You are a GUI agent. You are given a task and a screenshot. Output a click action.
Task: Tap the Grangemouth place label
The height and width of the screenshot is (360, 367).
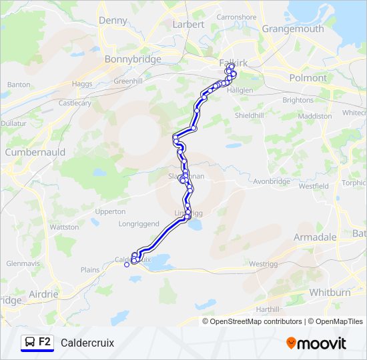[x=292, y=29]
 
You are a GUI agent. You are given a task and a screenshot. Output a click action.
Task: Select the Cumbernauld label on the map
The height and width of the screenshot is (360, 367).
[x=33, y=152]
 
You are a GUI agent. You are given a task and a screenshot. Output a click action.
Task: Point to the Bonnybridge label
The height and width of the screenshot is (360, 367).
[x=133, y=59]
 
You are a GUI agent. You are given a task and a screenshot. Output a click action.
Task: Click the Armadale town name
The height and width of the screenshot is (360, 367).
[x=315, y=237]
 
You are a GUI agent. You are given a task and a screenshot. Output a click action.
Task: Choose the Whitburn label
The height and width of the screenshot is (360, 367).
[x=330, y=293]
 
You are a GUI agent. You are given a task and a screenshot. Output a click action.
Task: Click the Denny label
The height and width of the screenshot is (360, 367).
[x=113, y=21]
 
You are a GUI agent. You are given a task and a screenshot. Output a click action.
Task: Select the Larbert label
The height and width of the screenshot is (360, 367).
[x=189, y=24]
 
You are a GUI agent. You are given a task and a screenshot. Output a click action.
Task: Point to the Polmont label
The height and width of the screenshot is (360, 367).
[x=308, y=78]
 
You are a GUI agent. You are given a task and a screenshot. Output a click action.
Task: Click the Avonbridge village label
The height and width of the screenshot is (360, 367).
[x=272, y=181]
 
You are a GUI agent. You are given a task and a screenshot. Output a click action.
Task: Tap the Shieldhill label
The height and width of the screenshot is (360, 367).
[x=250, y=115]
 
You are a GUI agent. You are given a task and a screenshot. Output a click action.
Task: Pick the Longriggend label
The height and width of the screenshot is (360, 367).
[x=139, y=224]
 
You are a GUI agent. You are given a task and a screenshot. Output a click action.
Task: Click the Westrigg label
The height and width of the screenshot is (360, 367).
[x=262, y=264]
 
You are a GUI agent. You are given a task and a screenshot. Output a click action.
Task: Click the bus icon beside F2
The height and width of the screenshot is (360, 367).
[x=30, y=343]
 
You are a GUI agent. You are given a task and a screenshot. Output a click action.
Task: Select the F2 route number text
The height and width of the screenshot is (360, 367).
[x=45, y=342]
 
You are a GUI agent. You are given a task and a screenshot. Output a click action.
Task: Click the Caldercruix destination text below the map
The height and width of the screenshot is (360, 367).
[x=87, y=343]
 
